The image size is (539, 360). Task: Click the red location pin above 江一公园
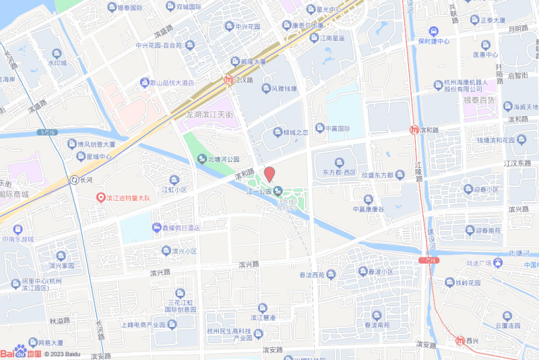click(x=269, y=174)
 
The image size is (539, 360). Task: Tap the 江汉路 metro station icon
click(x=229, y=80)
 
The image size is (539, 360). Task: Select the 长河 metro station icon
click(x=73, y=180)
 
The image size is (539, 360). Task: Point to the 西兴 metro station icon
click(x=459, y=340)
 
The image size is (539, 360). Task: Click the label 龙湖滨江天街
click(x=209, y=116)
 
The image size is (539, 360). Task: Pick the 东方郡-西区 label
click(x=338, y=172)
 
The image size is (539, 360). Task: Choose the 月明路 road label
click(x=517, y=29)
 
